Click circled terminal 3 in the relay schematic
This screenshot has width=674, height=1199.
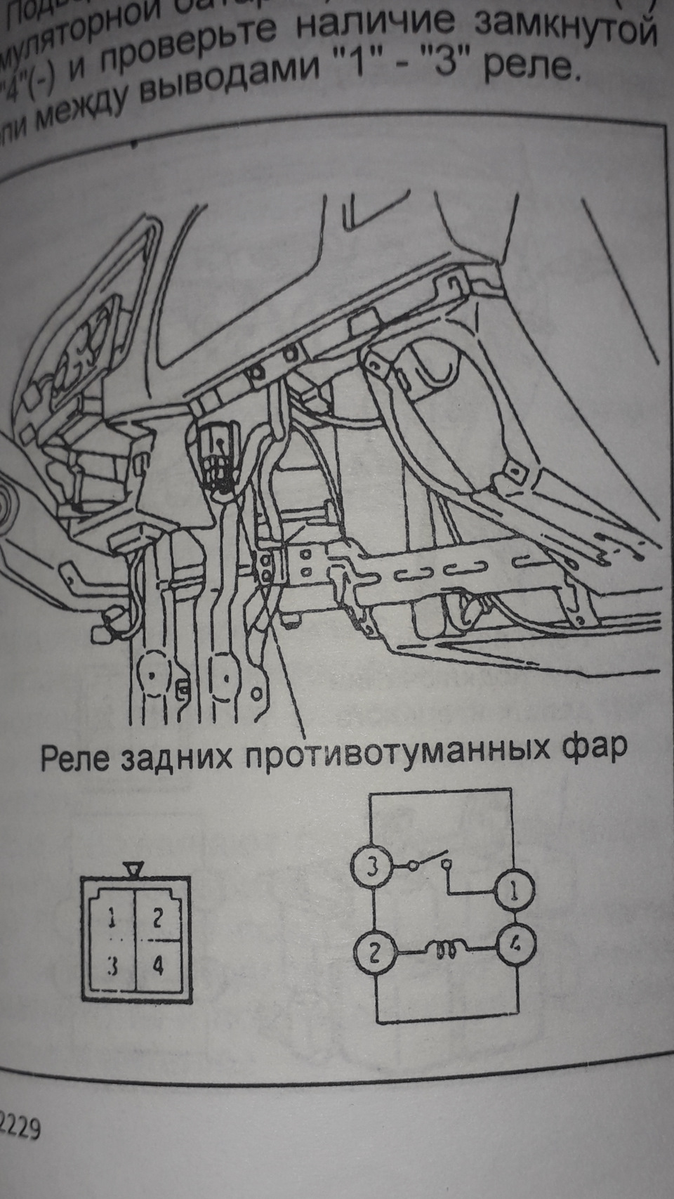372,866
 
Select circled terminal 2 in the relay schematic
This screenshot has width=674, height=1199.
374,953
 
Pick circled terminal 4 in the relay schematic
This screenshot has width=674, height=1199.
516,945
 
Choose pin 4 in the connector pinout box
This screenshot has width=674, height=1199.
158,966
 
